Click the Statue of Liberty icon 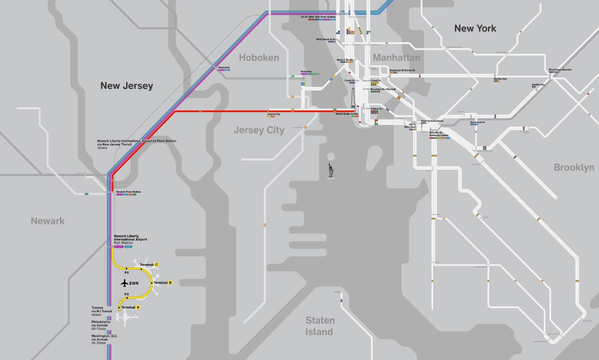point(331,171)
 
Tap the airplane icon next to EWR point(124,283)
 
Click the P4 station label point(127,273)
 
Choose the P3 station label point(126,295)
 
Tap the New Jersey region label point(127,86)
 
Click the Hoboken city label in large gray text point(259,58)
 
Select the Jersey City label point(259,130)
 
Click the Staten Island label point(320,326)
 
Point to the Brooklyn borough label point(573,167)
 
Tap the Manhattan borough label point(396,57)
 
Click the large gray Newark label point(48,221)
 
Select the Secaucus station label point(224,67)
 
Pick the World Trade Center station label point(347,114)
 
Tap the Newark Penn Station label point(128,192)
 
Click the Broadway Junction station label point(560,69)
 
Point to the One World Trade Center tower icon point(354,97)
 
